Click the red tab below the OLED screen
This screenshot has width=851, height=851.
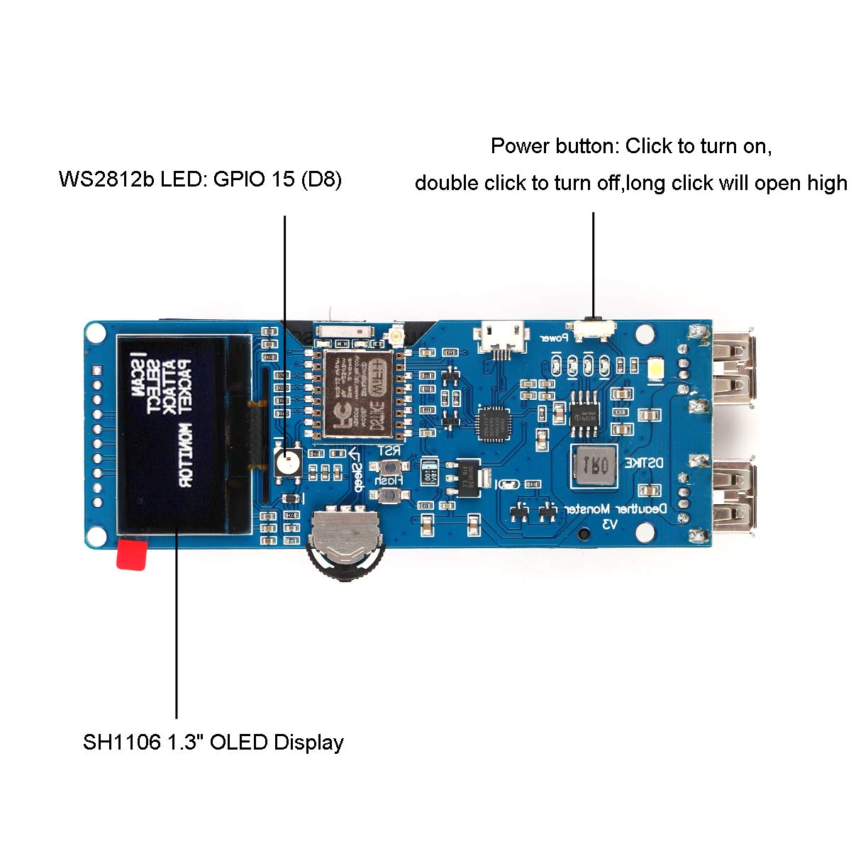[x=133, y=555]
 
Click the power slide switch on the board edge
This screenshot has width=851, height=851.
[x=594, y=328]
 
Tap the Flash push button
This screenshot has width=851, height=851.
[x=389, y=495]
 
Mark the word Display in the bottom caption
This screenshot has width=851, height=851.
[x=308, y=742]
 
